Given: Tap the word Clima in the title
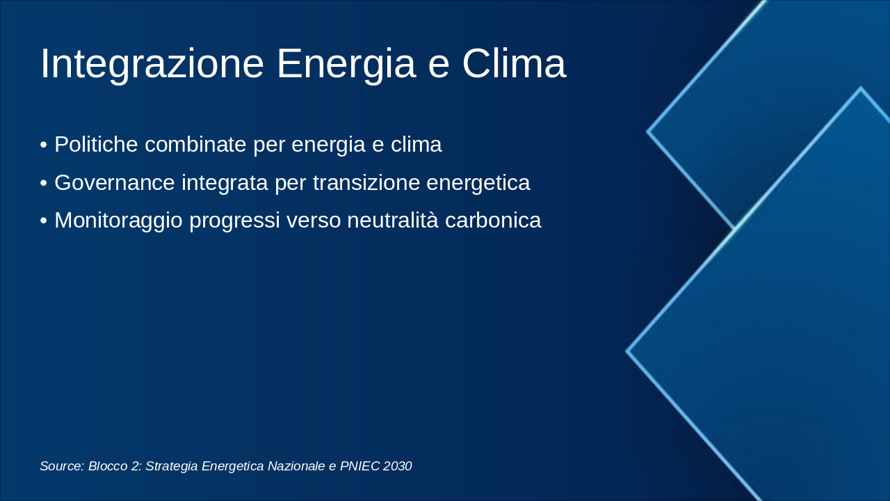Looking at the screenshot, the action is [x=514, y=63].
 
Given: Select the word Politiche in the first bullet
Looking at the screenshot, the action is [x=96, y=144].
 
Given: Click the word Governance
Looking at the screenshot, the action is [x=115, y=182].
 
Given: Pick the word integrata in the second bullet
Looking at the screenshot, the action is [x=225, y=183].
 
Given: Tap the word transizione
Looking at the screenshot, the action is [x=366, y=182].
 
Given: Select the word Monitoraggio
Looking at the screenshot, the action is [x=118, y=221].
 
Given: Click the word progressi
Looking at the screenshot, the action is [x=234, y=221].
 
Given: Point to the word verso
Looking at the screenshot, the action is [x=314, y=221].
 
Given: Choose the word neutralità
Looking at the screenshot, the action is [x=393, y=221].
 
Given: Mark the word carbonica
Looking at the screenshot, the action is [x=493, y=221].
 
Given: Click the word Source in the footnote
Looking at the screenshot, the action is [x=62, y=466].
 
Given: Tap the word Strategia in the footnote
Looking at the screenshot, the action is [x=172, y=466].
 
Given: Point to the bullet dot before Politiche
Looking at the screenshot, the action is [x=44, y=145].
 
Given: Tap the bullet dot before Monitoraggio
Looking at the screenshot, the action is [x=44, y=221].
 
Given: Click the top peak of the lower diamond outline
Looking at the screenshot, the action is [x=861, y=88].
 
